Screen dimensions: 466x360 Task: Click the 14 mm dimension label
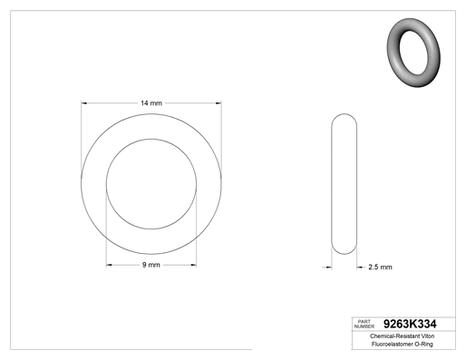point(151,103)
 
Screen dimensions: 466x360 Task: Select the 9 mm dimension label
point(151,265)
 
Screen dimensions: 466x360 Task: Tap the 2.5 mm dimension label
point(380,267)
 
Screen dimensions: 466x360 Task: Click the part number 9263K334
point(410,324)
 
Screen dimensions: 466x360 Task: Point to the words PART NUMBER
point(364,324)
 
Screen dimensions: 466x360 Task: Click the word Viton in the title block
point(428,336)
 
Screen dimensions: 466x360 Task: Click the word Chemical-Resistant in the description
point(394,336)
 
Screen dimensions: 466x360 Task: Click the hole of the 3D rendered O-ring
point(413,53)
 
